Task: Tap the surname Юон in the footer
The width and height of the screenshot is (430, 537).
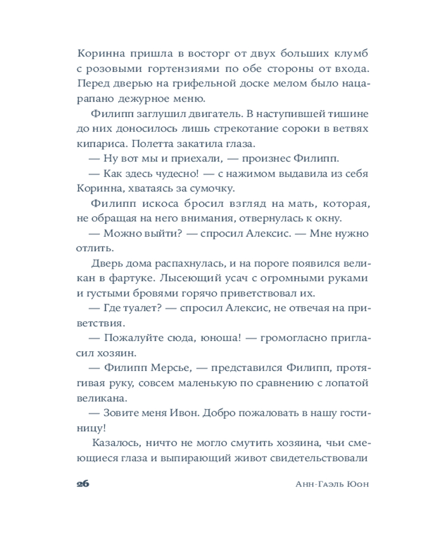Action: [358, 483]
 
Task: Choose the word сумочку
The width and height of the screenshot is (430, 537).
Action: [212, 188]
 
